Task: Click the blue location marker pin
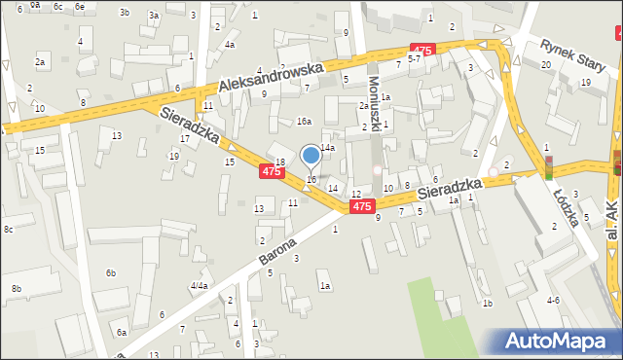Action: click(x=311, y=155)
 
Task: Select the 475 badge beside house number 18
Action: click(x=272, y=171)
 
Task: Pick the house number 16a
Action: click(x=304, y=121)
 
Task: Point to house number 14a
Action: click(x=328, y=148)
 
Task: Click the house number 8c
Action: click(x=8, y=229)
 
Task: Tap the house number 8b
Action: click(x=16, y=289)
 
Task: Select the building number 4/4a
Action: click(x=199, y=285)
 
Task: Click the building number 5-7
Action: click(x=414, y=59)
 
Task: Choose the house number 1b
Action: click(x=488, y=304)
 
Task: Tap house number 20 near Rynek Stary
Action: click(x=546, y=64)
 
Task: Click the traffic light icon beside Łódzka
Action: click(x=547, y=167)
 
